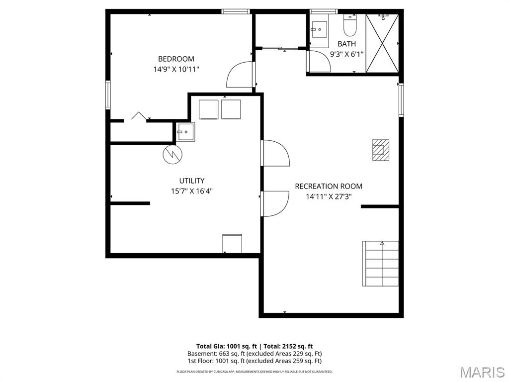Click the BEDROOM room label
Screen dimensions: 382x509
tap(176, 59)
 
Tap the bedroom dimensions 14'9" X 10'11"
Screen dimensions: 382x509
tap(176, 70)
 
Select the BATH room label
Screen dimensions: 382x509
tap(346, 44)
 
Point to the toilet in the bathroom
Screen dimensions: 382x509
tap(350, 26)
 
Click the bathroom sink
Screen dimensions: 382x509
tap(320, 29)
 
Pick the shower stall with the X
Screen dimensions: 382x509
tap(382, 43)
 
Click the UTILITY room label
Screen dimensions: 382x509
tap(192, 181)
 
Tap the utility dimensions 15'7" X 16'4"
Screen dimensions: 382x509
tap(192, 191)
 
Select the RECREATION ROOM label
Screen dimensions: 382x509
tap(329, 187)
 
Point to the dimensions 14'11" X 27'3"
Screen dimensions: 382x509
tap(329, 196)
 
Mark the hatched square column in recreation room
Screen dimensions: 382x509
tap(381, 150)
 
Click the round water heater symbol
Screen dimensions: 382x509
tap(172, 154)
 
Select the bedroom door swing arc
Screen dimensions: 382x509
tap(240, 75)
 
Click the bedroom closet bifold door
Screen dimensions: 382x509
tap(138, 116)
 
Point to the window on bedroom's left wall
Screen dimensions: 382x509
tap(107, 95)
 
